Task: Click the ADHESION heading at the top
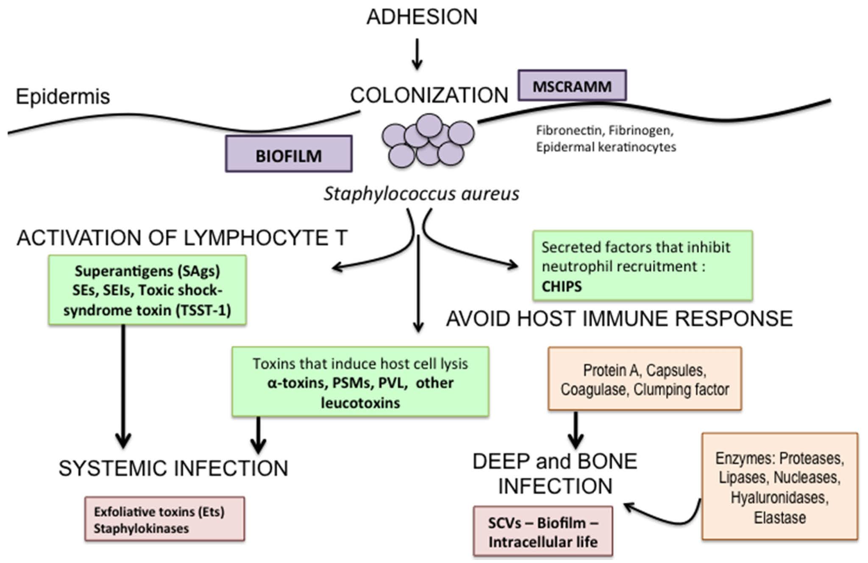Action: point(422,17)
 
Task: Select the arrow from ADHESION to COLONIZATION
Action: point(417,54)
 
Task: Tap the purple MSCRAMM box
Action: point(572,86)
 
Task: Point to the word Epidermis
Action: point(63,97)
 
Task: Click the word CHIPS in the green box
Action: point(562,286)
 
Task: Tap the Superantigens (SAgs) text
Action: point(147,271)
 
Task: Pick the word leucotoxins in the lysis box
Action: point(360,402)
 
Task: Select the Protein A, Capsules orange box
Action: point(644,379)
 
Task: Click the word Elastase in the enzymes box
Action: point(779,518)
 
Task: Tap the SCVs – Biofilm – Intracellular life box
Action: point(543,532)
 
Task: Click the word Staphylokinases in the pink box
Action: point(141,529)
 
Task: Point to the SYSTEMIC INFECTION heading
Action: point(173,469)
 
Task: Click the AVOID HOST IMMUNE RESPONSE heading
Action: point(619,319)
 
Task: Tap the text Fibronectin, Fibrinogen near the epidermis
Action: point(605,131)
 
